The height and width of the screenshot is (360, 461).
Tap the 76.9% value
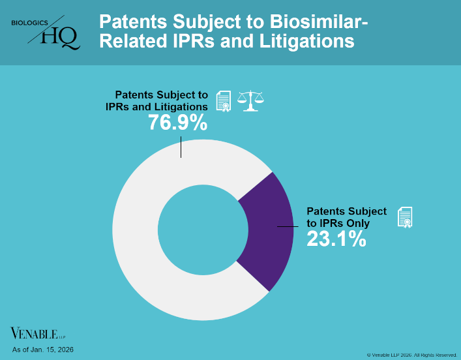coord(177,123)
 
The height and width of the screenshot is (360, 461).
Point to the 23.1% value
coord(336,239)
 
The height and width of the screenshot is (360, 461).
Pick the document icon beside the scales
coord(224,101)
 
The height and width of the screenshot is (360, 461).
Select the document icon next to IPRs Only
coord(405,218)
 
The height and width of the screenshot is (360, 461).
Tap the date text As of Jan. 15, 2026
coord(42,350)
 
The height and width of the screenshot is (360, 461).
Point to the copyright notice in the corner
coord(411,355)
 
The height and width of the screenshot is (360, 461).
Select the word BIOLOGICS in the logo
coord(30,23)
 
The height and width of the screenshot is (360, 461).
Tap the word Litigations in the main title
coord(307,42)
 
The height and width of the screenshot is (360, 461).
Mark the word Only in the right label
coord(357,223)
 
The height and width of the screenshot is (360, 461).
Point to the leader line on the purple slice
coord(290,226)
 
